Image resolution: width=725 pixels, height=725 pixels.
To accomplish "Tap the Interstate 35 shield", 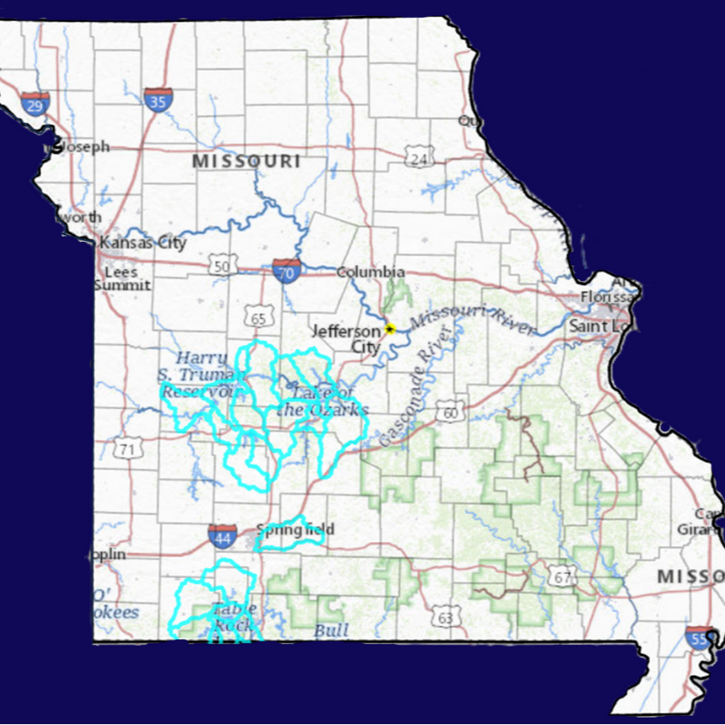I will (x=158, y=99).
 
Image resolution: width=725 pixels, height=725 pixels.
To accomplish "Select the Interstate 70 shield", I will (x=287, y=271).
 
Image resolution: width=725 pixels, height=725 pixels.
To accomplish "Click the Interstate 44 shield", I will (x=223, y=535).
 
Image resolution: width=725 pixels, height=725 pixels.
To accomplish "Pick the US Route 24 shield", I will (x=417, y=156).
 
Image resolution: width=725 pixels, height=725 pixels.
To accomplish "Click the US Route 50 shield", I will (x=223, y=265).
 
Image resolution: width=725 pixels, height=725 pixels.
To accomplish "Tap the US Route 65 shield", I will (x=259, y=317).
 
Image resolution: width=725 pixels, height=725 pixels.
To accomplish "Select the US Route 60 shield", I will (x=451, y=411).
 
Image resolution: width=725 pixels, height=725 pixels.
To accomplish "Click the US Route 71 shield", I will (x=127, y=448).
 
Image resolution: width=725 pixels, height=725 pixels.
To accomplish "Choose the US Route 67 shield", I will (x=561, y=577).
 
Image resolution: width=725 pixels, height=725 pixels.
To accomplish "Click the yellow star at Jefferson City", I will (x=389, y=329).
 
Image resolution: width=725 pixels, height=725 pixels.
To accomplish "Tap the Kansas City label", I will (x=142, y=243).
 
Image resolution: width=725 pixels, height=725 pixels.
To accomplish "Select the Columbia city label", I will (x=371, y=272).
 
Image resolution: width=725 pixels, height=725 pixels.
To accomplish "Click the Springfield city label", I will (x=296, y=529).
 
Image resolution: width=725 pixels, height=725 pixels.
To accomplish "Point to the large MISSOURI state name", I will (x=246, y=161).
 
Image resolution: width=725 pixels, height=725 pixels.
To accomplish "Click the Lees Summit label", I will (x=122, y=278).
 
